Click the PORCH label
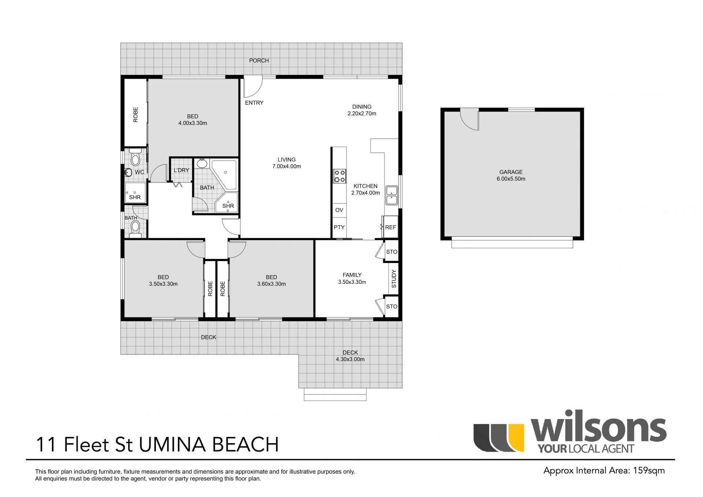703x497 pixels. pyautogui.click(x=259, y=60)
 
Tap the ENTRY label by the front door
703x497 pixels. pyautogui.click(x=254, y=103)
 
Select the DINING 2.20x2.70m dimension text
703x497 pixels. pyautogui.click(x=362, y=114)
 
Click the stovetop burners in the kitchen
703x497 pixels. pyautogui.click(x=339, y=176)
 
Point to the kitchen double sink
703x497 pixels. pyautogui.click(x=391, y=196)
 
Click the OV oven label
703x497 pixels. pyautogui.click(x=339, y=210)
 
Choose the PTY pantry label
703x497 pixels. pyautogui.click(x=339, y=227)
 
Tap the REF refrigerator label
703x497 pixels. pyautogui.click(x=390, y=227)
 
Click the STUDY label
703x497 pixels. pyautogui.click(x=394, y=279)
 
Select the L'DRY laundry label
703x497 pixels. pyautogui.click(x=181, y=170)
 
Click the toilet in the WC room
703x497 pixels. pyautogui.click(x=135, y=157)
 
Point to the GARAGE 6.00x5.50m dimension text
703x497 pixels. pyautogui.click(x=511, y=179)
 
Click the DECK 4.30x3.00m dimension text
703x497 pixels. pyautogui.click(x=350, y=359)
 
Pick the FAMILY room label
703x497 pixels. pyautogui.click(x=352, y=275)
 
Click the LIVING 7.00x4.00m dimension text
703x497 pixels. pyautogui.click(x=286, y=166)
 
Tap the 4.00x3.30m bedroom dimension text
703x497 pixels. pyautogui.click(x=193, y=123)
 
